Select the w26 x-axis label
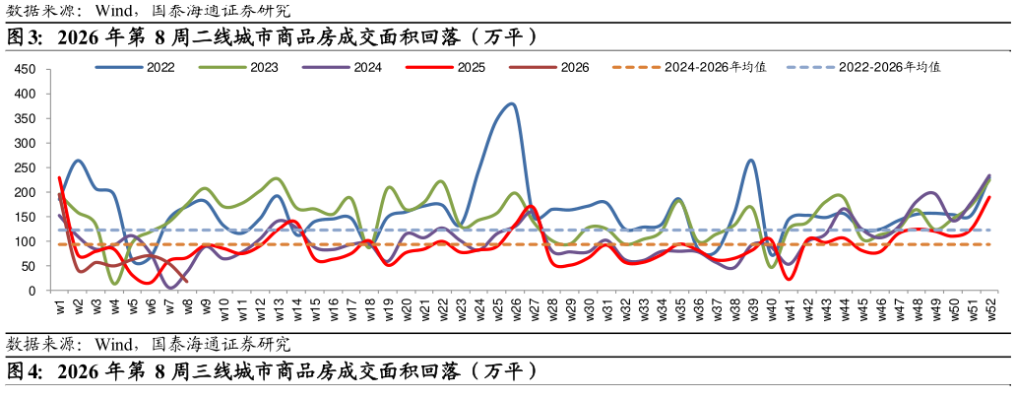pyautogui.click(x=514, y=308)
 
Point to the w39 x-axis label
pyautogui.click(x=750, y=308)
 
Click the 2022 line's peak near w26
pyautogui.click(x=512, y=103)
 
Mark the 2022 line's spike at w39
pyautogui.click(x=750, y=160)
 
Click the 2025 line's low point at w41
pyautogui.click(x=788, y=280)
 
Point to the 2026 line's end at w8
pyautogui.click(x=186, y=280)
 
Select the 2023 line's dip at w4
pyautogui.click(x=115, y=284)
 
